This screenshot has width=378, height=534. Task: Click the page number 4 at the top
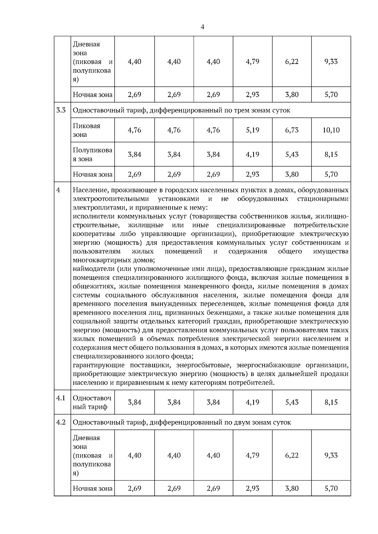click(202, 27)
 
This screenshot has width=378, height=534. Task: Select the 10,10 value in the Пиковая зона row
click(331, 130)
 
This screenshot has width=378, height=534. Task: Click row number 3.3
click(61, 110)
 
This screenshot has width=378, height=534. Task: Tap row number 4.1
click(61, 398)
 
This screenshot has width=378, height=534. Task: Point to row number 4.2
click(61, 422)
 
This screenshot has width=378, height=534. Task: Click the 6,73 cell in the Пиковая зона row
click(292, 130)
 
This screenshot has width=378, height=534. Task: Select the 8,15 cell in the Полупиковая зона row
click(331, 154)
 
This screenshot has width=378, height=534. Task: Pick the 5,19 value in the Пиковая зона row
click(252, 130)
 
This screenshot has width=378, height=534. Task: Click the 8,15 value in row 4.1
click(331, 402)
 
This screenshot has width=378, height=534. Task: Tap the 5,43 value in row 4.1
click(292, 402)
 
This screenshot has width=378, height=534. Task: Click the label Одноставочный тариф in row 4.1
click(92, 402)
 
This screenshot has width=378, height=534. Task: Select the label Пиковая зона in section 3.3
click(87, 130)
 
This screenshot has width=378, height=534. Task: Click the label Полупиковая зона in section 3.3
click(92, 155)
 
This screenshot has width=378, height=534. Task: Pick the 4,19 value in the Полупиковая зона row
click(252, 154)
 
